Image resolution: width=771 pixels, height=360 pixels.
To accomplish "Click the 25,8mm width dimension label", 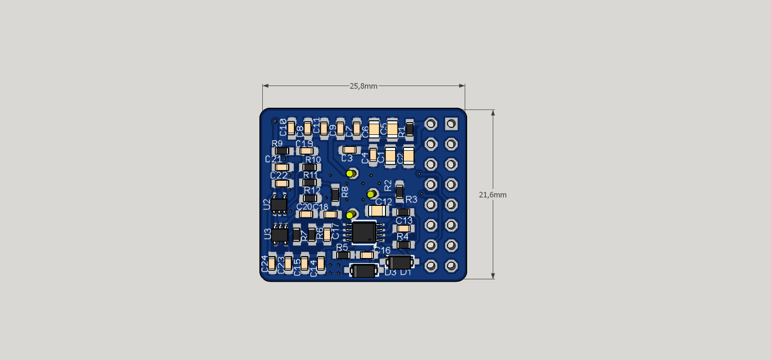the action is click(363, 86).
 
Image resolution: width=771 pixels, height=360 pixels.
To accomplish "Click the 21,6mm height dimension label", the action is click(492, 195).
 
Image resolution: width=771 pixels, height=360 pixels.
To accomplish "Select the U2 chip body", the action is click(279, 204).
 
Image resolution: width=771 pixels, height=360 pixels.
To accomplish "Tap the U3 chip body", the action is click(280, 235).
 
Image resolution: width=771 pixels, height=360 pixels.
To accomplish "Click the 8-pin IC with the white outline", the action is click(364, 232).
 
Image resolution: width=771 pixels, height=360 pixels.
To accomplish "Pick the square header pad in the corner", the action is click(451, 124).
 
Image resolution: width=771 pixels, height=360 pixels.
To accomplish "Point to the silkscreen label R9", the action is click(277, 144).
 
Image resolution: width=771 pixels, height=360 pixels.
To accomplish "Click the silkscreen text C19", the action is click(304, 144).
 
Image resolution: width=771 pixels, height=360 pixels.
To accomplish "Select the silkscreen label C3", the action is click(347, 158).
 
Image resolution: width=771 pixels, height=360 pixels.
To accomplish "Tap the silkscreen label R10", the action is click(313, 159).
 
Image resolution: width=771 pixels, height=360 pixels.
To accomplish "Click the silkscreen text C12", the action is click(384, 202).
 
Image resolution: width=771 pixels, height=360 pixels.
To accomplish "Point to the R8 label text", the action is click(345, 191).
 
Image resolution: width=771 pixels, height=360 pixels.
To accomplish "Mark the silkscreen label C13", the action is click(404, 220).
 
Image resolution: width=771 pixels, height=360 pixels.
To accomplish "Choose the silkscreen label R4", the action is click(402, 236).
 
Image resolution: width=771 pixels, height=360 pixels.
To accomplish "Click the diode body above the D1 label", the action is click(400, 262).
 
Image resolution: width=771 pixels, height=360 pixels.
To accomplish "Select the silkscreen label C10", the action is click(283, 128).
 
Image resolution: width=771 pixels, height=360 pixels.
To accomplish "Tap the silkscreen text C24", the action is click(264, 264).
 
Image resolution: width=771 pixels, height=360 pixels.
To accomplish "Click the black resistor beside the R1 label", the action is click(410, 129).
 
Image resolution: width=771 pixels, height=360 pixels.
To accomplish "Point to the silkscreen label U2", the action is click(267, 204).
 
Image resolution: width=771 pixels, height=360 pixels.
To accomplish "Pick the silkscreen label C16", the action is click(383, 250).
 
